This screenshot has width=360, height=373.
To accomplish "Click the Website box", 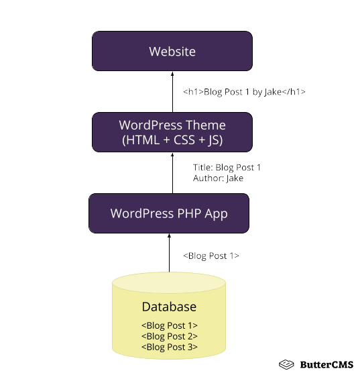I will [x=172, y=51].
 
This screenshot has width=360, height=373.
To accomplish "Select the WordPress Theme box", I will [x=172, y=132].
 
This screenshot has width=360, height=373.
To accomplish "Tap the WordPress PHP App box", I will [x=169, y=214].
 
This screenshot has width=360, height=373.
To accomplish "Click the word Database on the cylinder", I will [x=169, y=307].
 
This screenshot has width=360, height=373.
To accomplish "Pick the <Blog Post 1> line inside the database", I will [x=169, y=325].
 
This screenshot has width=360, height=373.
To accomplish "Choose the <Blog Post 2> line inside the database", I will [x=169, y=336].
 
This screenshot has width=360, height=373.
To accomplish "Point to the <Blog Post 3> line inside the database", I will [x=169, y=347].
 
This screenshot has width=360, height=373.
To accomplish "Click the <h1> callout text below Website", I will [x=244, y=92].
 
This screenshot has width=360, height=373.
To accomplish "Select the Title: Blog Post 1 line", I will [x=227, y=168].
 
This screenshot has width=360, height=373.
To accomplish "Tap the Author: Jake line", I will [x=218, y=178].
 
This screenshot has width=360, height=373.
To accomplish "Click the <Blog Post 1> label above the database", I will [x=211, y=256].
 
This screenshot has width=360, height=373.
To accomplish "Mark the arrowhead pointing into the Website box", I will [x=172, y=73].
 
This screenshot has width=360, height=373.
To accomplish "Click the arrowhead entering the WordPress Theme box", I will [x=172, y=154].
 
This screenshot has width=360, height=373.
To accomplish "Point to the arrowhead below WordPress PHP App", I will [x=169, y=236].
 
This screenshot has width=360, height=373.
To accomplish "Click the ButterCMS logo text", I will [x=327, y=364].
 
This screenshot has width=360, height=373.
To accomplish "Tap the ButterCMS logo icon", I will [x=287, y=364].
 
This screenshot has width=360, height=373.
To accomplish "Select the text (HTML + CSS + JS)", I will [x=172, y=140].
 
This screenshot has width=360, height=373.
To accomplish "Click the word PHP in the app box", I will [x=188, y=214].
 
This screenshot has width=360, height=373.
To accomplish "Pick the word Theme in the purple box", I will [x=206, y=125].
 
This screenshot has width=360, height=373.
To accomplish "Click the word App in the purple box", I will [x=216, y=214].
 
